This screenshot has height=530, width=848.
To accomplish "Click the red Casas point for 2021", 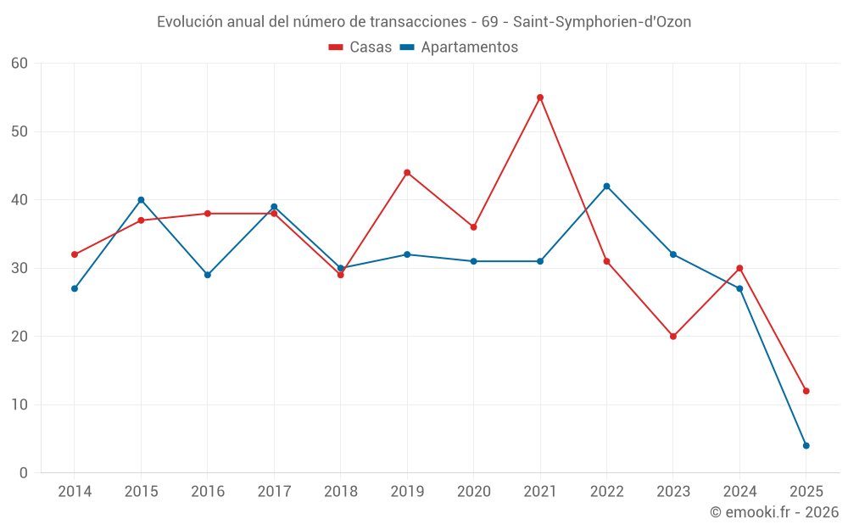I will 540,98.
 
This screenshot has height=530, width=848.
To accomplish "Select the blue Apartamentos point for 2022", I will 606,187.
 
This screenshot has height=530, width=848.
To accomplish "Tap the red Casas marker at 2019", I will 407,173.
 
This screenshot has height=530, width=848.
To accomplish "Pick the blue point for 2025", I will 806,445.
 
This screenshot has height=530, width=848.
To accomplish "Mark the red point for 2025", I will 806,391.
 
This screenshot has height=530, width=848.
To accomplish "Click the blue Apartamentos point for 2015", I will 141,200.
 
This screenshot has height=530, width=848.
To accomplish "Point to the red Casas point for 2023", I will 673,337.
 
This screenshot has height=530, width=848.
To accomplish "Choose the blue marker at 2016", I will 208,275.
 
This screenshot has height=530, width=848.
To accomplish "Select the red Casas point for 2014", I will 75,254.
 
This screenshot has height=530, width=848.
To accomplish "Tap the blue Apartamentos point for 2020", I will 473,261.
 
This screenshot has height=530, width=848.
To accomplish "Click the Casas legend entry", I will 360,47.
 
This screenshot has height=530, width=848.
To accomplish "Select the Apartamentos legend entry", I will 459,47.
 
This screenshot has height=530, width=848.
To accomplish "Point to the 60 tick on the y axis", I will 20,64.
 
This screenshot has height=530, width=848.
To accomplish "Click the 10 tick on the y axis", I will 20,404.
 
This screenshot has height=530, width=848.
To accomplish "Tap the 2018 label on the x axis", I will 340,492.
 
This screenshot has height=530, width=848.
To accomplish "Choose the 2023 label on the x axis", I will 673,492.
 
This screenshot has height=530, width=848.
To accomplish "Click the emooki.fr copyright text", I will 773,512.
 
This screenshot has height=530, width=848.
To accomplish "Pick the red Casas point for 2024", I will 739,268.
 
